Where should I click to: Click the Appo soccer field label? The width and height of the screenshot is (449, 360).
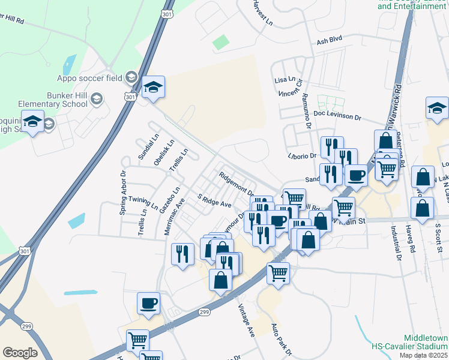[89, 77]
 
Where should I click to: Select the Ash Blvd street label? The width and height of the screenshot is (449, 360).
[328, 42]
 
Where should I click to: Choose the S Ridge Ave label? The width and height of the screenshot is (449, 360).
[214, 200]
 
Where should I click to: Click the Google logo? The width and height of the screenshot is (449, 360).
[20, 353]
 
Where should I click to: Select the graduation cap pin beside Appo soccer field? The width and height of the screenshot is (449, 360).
[153, 88]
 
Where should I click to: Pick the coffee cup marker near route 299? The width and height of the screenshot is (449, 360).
[148, 304]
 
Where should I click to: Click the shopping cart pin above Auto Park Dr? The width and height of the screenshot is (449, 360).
[278, 273]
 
